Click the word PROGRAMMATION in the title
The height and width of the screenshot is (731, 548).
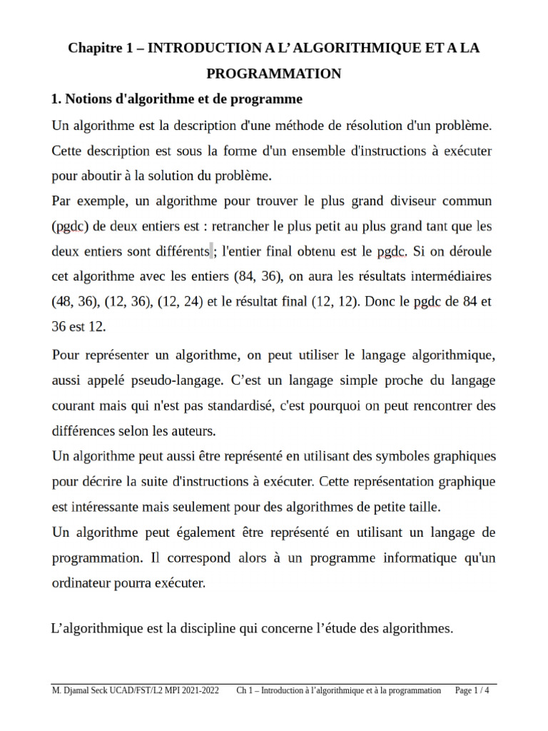tap(274, 74)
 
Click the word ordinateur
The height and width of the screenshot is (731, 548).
tap(83, 583)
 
